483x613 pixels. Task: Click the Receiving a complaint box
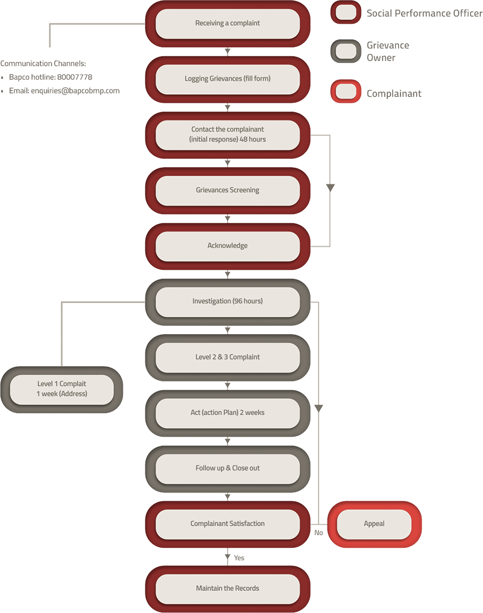[228, 23]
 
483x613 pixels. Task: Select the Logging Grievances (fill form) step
[228, 79]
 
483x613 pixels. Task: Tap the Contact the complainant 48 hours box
[228, 134]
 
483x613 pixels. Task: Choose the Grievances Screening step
[228, 190]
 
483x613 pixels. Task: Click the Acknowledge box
[228, 246]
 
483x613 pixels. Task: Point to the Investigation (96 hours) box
[228, 302]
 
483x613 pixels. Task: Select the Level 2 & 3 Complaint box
[228, 357]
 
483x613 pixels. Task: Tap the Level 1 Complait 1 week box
[62, 389]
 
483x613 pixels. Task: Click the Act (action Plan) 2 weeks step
[228, 413]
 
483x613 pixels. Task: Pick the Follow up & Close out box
[228, 468]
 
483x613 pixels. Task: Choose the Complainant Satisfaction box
[228, 524]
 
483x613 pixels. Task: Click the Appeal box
[374, 524]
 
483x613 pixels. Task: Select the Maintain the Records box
[228, 588]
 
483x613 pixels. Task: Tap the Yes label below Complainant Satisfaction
[239, 558]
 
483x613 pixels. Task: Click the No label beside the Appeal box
[318, 533]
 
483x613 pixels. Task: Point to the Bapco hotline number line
[50, 77]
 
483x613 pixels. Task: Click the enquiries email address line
[64, 91]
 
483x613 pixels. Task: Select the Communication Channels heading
[43, 64]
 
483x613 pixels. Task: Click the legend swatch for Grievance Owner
[345, 51]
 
